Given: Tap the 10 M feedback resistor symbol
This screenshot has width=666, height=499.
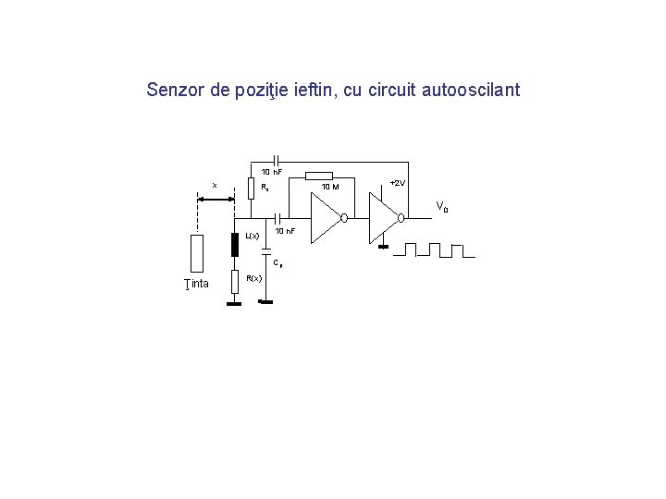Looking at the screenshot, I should (319, 176).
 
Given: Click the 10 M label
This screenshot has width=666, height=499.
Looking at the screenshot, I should (329, 188).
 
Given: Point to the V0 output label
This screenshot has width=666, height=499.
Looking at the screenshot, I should (441, 207).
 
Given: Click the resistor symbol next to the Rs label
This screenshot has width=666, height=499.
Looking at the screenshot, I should (250, 188).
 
